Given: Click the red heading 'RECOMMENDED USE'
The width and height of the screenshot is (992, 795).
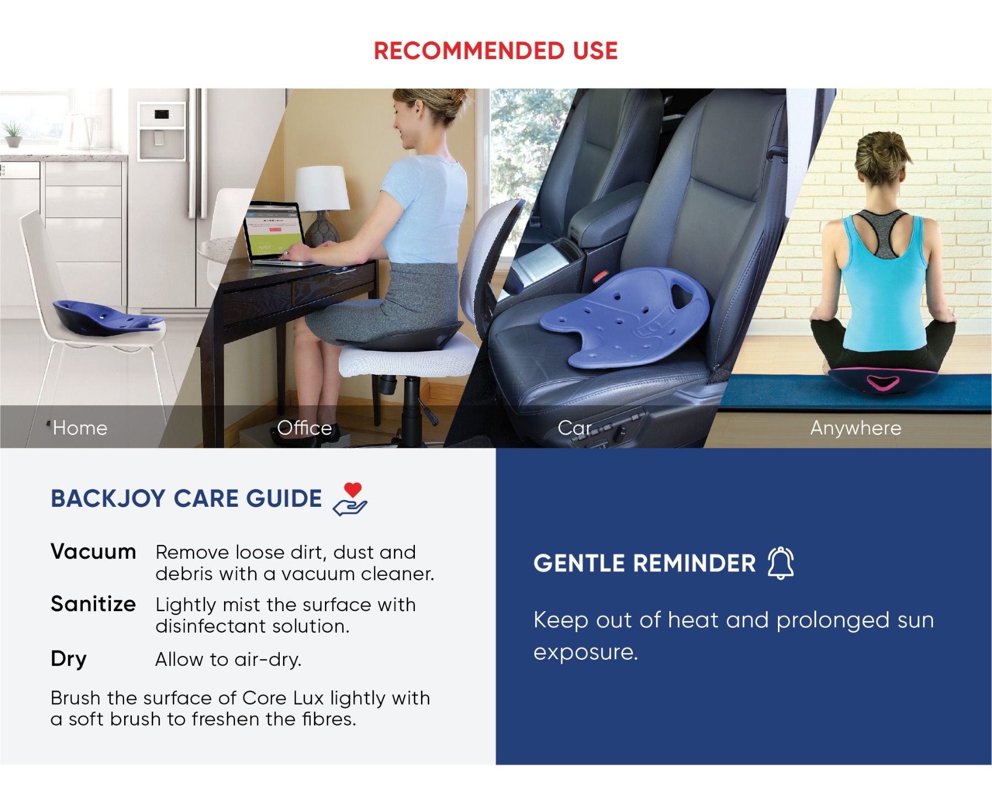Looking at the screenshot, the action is point(495,51).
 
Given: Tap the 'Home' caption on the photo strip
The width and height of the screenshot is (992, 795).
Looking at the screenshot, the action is point(80,428).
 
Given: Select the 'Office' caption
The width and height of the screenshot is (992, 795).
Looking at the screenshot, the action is point(305,428).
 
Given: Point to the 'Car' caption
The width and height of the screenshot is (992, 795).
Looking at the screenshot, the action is point(574,428).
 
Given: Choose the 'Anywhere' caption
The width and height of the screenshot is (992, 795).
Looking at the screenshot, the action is point(856,428).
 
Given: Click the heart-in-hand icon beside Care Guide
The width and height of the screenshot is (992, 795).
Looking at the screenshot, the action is point(350,499).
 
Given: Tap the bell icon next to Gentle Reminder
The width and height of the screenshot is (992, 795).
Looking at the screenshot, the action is point(781,563).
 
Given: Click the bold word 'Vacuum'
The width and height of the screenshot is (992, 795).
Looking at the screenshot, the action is point(93,552).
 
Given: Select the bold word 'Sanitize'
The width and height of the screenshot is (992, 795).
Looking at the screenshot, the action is point(93,604).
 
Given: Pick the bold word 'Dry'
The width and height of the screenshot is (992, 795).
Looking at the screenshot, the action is point(68,659).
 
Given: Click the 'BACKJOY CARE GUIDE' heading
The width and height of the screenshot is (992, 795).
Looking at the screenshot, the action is point(186,499).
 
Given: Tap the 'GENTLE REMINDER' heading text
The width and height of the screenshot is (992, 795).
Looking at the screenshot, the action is point(644,564).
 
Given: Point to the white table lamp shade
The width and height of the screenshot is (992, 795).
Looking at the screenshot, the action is point(322,188).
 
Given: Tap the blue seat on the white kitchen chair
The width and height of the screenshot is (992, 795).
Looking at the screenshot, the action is point(108,317).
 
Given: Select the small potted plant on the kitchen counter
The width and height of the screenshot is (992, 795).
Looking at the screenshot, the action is point(13,135).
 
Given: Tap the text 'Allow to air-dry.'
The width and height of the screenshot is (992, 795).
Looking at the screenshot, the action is point(228,659).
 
